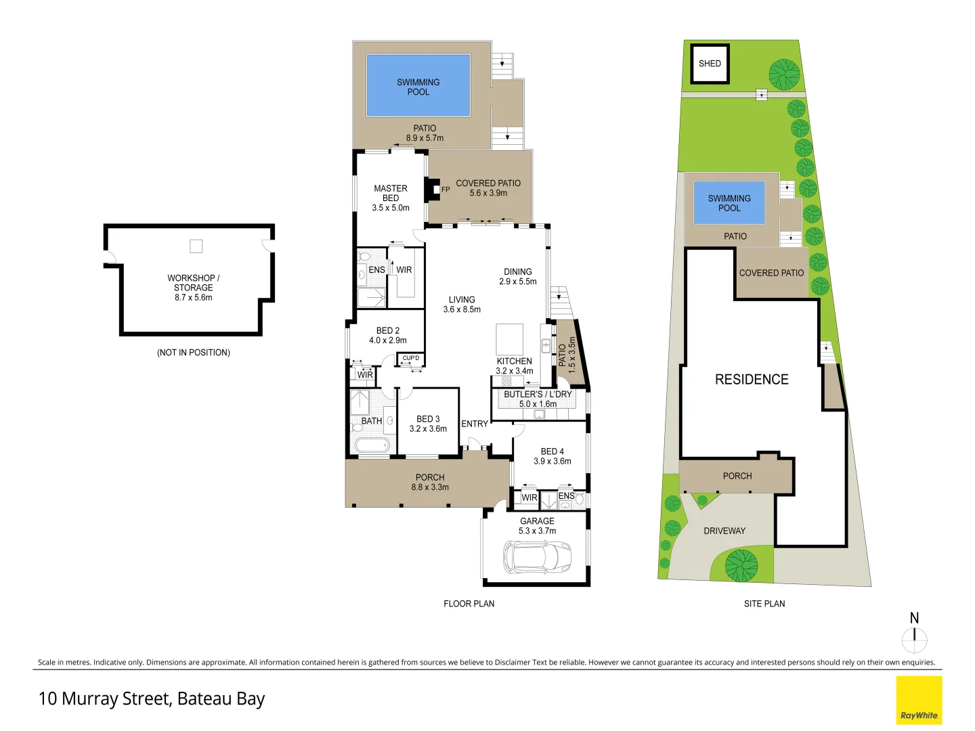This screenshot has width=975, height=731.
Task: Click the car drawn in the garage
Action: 537,557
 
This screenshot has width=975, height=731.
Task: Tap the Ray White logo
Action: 919,701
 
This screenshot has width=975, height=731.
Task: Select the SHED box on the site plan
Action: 710,64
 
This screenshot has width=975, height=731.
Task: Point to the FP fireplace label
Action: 446,190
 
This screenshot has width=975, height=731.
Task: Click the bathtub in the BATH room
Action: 371,445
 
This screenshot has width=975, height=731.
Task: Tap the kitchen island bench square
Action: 509,338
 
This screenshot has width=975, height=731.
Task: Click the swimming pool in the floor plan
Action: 418,86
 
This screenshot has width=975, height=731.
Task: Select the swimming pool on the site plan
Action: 729,202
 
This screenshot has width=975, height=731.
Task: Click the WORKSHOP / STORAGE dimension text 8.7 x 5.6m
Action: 194,297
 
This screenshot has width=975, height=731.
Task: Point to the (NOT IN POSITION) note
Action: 194,353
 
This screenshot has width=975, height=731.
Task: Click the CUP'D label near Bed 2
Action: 411,358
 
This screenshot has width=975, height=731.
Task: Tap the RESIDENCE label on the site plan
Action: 752,380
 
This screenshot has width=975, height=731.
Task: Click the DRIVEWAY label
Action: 724,531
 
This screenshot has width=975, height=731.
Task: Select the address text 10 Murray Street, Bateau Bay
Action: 152,699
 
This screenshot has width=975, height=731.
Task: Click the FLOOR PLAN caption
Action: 469,604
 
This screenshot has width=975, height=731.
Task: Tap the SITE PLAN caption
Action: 764,604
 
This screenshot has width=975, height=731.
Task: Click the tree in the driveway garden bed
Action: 741,565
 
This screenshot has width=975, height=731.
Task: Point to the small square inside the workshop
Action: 196,246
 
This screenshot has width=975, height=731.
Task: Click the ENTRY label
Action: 474,424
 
